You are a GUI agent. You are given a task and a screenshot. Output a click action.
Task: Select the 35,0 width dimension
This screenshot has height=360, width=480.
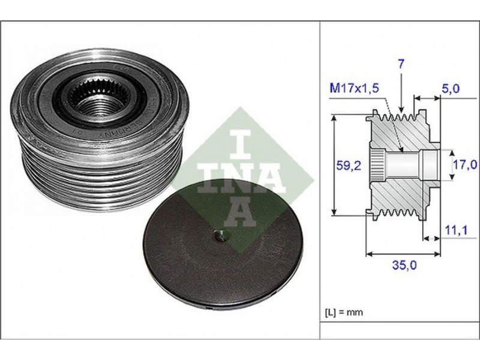[x=404, y=265]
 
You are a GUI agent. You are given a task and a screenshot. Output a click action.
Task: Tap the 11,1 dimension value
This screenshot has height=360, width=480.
[x=455, y=230]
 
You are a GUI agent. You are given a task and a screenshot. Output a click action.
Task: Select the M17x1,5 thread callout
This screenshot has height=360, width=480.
[x=354, y=88]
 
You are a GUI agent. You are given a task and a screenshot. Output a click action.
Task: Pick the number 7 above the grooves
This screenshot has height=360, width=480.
[x=401, y=64]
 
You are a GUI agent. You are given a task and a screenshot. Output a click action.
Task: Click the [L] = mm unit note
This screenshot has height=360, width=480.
[x=344, y=312]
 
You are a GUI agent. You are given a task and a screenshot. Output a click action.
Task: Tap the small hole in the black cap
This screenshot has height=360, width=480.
[x=220, y=236]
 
